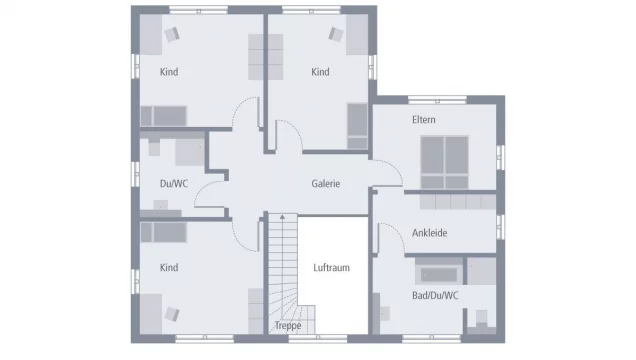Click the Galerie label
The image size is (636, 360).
tap(325, 184)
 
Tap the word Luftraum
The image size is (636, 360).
tap(330, 268)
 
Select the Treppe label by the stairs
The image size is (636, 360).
tap(287, 326)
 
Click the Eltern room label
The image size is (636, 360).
tap(424, 120)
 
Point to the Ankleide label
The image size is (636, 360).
tap(429, 233)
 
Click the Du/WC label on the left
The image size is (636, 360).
tap(173, 183)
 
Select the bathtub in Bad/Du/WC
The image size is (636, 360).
tap(437, 272)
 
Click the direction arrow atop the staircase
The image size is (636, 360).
tap(282, 217)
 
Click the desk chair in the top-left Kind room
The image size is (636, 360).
tap(170, 34)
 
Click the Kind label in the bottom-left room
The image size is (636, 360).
tap(169, 267)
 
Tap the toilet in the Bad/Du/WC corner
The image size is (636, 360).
tap(481, 320)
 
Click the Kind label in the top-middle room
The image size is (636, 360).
tap(320, 72)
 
